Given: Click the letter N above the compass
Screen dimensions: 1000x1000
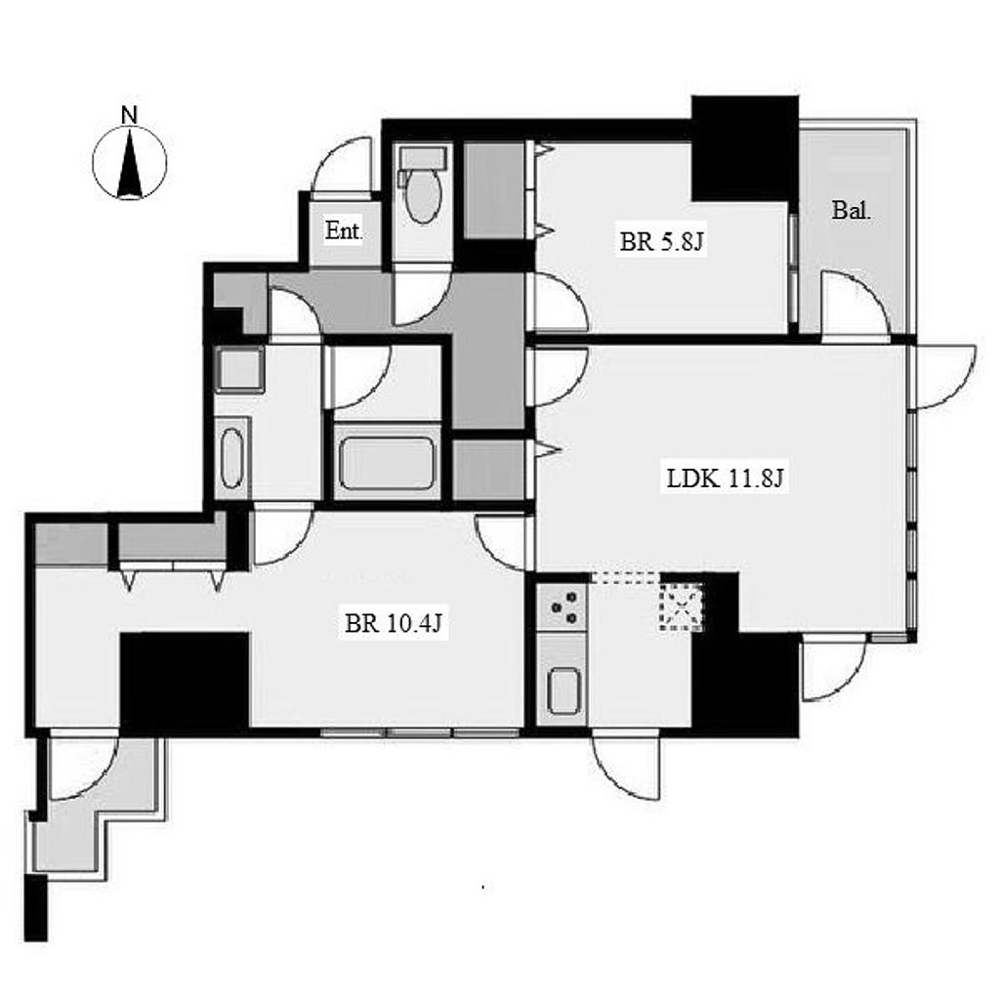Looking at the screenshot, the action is click(x=130, y=115).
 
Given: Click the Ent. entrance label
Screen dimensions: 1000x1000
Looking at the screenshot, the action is click(x=344, y=230).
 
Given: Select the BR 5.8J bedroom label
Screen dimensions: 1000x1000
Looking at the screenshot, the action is click(x=662, y=242).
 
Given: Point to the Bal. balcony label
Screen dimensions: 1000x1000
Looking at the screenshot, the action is click(x=852, y=211).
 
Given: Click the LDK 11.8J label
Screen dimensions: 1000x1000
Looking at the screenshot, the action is click(x=725, y=478).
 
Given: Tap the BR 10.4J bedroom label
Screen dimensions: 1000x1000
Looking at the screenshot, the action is click(x=393, y=622).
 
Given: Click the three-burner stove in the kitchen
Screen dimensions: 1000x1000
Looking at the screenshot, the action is click(x=562, y=607).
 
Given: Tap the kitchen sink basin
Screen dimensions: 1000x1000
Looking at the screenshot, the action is click(x=563, y=691).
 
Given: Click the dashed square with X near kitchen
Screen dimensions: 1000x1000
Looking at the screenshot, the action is click(x=681, y=606).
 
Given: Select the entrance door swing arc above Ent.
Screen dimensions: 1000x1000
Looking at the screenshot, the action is click(x=342, y=163).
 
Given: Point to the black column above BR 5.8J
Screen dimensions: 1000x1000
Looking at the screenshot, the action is click(x=745, y=148).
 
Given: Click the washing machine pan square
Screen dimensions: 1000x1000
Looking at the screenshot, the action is click(x=240, y=369).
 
